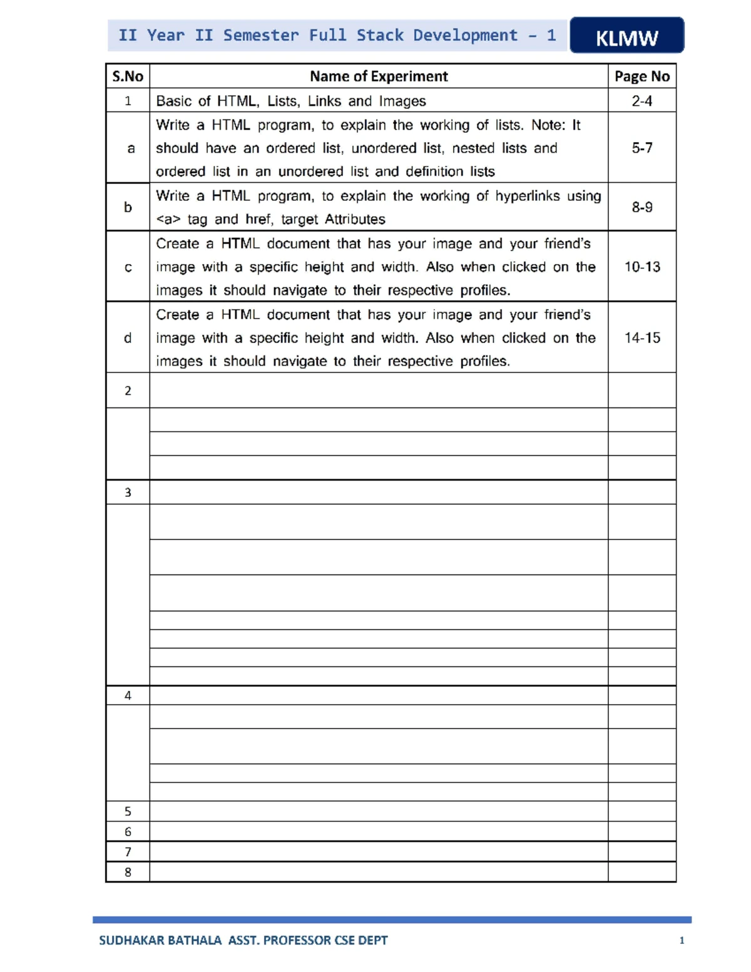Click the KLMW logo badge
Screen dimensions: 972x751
[626, 36]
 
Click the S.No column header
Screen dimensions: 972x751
[128, 76]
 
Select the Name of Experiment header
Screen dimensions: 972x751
[379, 76]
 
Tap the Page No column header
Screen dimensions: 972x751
[642, 76]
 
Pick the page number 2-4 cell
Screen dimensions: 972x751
[642, 101]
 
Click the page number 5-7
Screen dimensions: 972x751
[642, 148]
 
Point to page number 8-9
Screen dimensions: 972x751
[642, 207]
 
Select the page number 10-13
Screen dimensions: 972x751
[642, 267]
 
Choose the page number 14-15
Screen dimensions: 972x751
[642, 337]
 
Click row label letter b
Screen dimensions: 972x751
[128, 207]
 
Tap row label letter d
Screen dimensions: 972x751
[128, 338]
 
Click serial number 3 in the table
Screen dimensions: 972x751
[128, 493]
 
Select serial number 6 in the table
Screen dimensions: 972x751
[128, 832]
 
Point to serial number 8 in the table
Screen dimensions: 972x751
[128, 872]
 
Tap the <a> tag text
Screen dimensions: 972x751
[168, 220]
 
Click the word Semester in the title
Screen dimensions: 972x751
[260, 35]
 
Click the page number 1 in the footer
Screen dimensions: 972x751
[682, 940]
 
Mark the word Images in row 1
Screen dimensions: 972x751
[402, 101]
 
